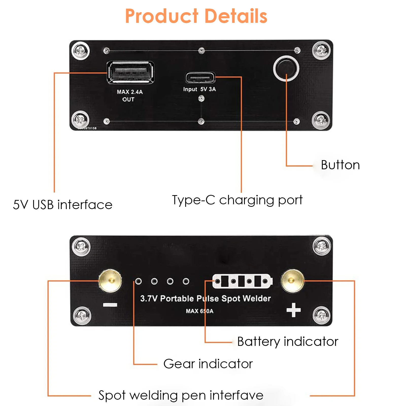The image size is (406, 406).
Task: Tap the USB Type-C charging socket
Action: click(200, 78)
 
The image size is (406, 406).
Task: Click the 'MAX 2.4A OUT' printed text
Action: click(129, 95)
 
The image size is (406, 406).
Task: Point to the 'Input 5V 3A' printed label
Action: click(199, 89)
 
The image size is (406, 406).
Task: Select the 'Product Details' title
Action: click(196, 16)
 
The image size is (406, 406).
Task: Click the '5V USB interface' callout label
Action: click(63, 205)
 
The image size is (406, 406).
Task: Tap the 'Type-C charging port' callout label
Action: click(237, 200)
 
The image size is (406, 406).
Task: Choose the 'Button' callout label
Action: click(340, 165)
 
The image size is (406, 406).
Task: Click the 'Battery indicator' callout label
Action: click(288, 342)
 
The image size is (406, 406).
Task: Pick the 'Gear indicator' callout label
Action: click(208, 364)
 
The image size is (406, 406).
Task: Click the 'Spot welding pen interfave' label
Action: click(181, 395)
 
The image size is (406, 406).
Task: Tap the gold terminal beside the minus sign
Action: click(110, 281)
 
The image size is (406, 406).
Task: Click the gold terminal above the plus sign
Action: click(292, 281)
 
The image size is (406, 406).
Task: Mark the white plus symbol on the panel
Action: click(294, 310)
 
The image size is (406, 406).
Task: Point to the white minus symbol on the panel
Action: click(110, 305)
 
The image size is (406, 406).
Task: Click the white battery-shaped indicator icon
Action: click(242, 281)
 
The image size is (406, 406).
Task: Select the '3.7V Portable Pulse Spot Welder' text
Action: click(206, 298)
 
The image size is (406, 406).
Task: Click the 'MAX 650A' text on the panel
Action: click(199, 311)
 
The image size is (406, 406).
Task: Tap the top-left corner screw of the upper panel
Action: click(80, 50)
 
